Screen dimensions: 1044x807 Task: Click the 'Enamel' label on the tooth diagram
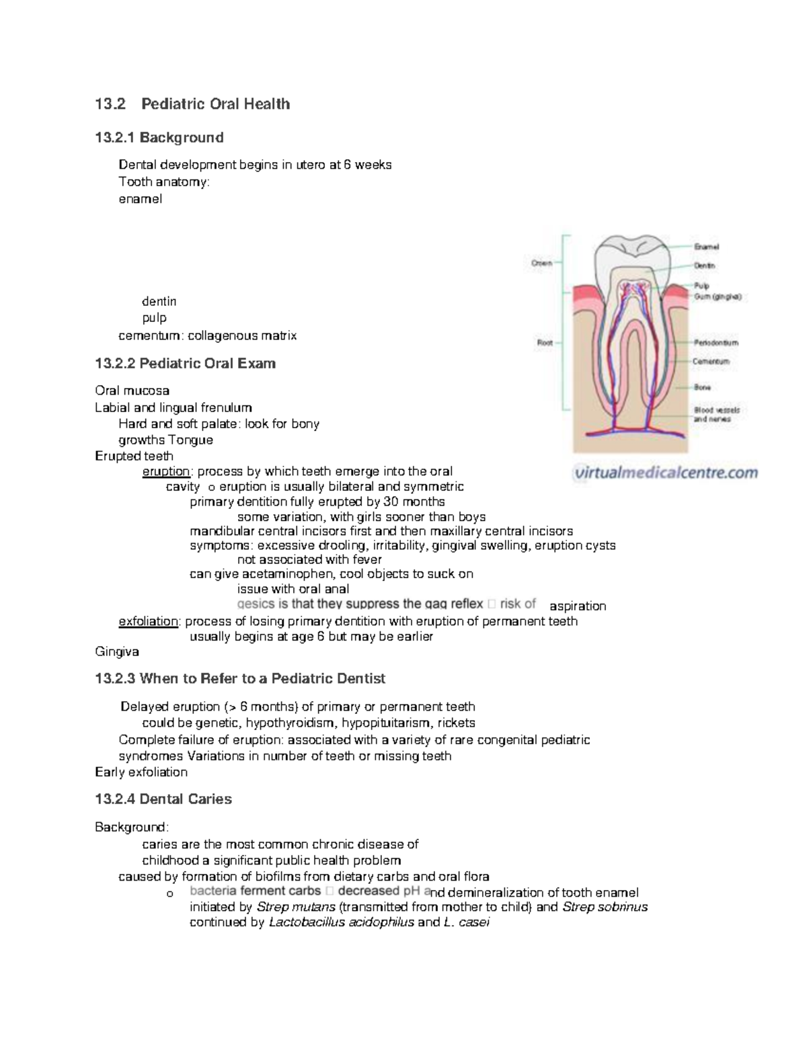[x=706, y=247]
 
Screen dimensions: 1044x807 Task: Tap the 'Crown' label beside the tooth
[x=541, y=263]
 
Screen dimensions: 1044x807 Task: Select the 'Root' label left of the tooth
[x=544, y=342]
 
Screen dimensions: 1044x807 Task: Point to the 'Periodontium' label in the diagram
[x=716, y=342]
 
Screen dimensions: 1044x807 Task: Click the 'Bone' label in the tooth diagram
[x=702, y=387]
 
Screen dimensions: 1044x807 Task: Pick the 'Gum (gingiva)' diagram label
[x=718, y=296]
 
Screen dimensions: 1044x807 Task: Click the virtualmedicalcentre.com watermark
[x=666, y=473]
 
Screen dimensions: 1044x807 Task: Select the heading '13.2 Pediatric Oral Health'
[x=192, y=104]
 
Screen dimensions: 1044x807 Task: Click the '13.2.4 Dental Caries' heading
[x=163, y=799]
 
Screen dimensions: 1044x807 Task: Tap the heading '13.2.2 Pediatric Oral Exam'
[x=185, y=364]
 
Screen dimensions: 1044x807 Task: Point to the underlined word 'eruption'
[x=166, y=471]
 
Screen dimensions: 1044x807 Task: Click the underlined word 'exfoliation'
[x=149, y=621]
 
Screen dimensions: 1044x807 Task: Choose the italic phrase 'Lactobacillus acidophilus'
[x=341, y=922]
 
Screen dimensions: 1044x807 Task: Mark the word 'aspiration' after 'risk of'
[x=578, y=606]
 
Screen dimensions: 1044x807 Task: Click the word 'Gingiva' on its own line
[x=117, y=651]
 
